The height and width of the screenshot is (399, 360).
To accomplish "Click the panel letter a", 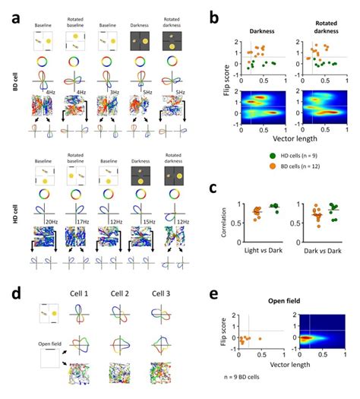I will click(15, 13).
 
